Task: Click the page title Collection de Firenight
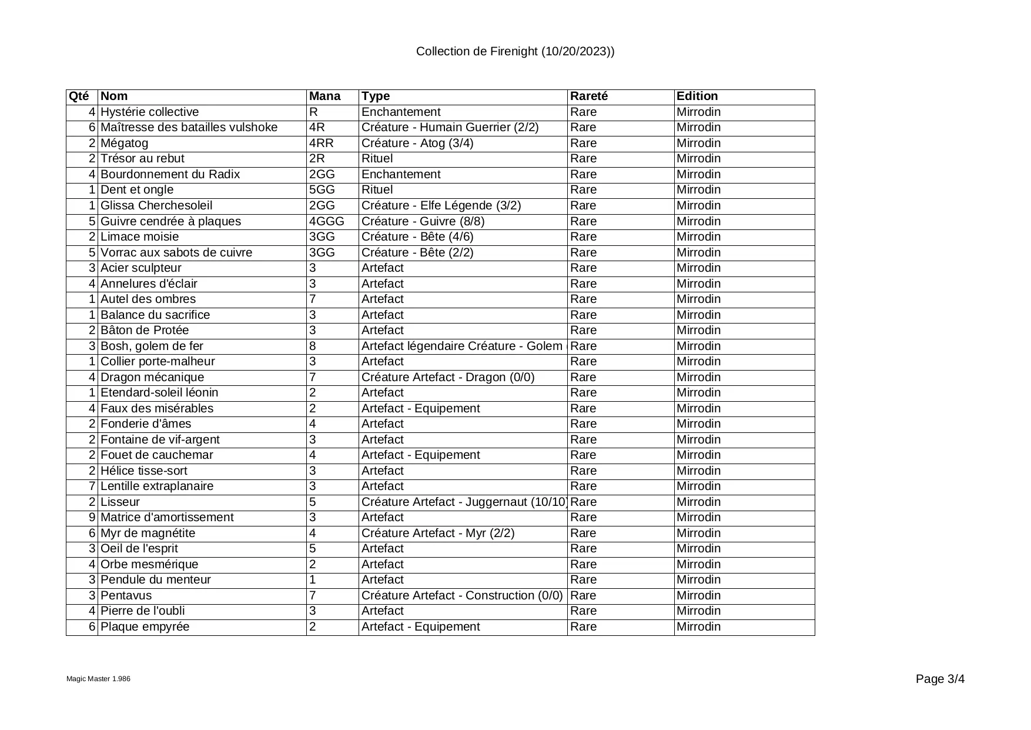[x=515, y=52]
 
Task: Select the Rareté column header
[x=589, y=96]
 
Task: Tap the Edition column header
[x=697, y=96]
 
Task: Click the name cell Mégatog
[x=125, y=144]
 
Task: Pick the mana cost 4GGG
[x=326, y=222]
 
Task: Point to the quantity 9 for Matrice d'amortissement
[x=92, y=518]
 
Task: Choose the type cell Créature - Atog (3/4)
[x=417, y=144]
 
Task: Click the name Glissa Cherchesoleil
[x=156, y=206]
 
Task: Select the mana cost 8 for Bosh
[x=313, y=346]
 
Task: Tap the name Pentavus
[x=126, y=596]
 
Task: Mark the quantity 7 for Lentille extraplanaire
[x=92, y=486]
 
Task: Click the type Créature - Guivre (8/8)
[x=423, y=222]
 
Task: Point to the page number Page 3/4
[x=940, y=679]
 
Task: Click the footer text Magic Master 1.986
[x=98, y=679]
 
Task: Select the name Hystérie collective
[x=150, y=112]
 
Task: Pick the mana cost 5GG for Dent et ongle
[x=322, y=190]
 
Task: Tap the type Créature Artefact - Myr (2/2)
[x=438, y=534]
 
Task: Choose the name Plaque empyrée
[x=145, y=627]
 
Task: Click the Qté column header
[x=79, y=96]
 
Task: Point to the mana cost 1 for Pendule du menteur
[x=313, y=580]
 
